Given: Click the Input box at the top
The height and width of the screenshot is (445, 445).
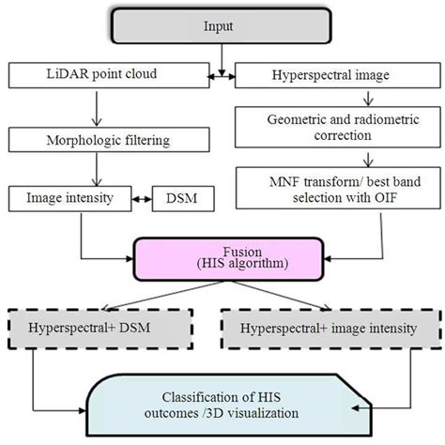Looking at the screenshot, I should coord(221,27).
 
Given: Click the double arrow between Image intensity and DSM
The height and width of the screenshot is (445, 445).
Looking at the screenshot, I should coord(139,199).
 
